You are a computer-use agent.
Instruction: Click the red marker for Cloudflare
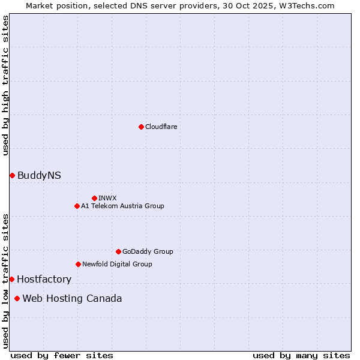click(x=141, y=127)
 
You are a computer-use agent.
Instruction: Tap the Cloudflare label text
click(x=161, y=127)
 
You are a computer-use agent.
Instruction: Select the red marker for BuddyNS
click(x=12, y=175)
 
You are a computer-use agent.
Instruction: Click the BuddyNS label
click(x=39, y=175)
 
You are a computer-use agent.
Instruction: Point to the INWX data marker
click(x=94, y=198)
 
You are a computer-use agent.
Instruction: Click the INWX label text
click(x=107, y=198)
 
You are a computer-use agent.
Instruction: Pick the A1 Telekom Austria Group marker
click(x=77, y=206)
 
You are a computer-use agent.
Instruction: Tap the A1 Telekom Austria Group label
click(x=122, y=206)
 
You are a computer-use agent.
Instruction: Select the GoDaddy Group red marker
click(x=118, y=251)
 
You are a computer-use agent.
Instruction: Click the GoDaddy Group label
click(x=147, y=251)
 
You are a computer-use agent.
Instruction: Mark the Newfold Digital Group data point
click(x=78, y=264)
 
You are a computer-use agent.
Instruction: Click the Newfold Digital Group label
click(x=117, y=264)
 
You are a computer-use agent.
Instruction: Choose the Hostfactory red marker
click(x=11, y=279)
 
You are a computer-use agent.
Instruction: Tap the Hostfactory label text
click(x=44, y=279)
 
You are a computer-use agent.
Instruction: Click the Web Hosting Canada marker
click(x=17, y=298)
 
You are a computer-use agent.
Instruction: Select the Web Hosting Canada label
click(x=72, y=298)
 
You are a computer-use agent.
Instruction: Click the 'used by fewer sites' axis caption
click(x=62, y=355)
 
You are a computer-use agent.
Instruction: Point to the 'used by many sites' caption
click(x=301, y=355)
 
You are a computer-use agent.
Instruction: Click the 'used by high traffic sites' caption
click(x=5, y=85)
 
